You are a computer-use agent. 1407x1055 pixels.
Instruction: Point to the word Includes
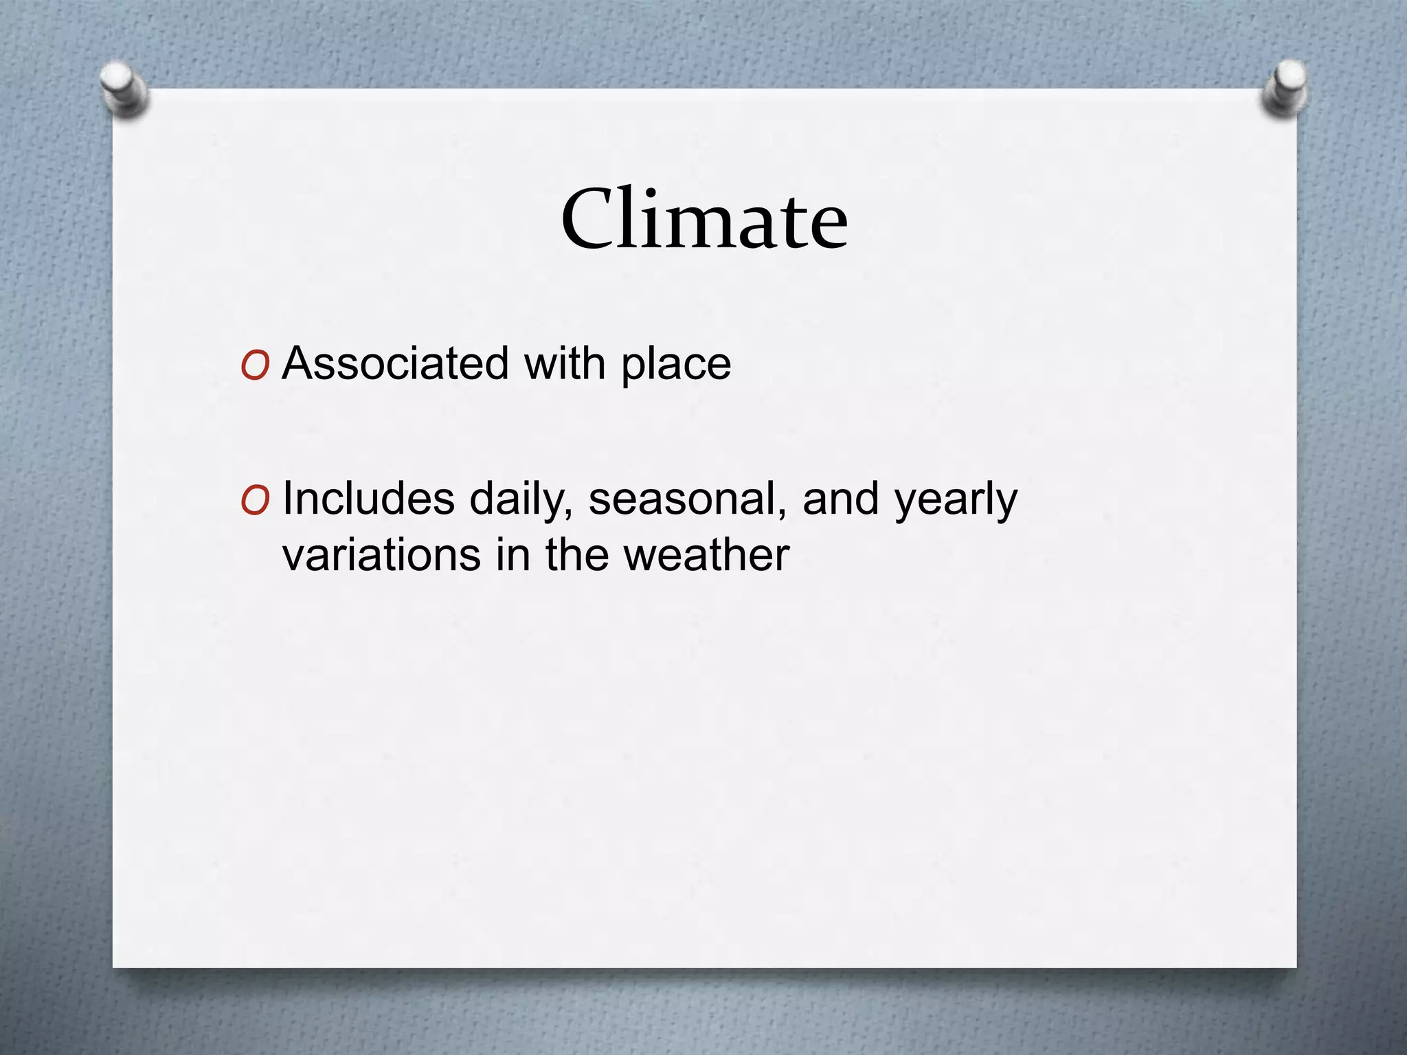pos(368,499)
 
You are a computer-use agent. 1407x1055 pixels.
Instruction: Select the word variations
pos(381,554)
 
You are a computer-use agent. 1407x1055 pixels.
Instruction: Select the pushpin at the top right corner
pos(1283,88)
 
